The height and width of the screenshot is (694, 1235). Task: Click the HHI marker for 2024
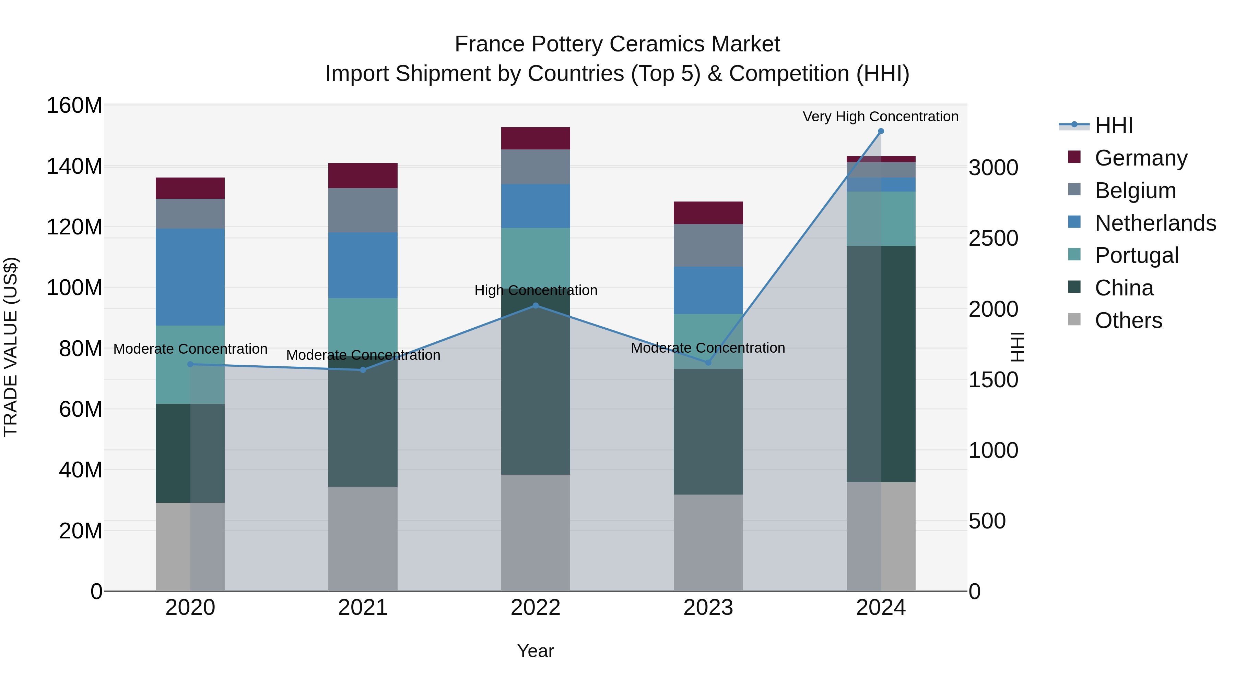(x=881, y=131)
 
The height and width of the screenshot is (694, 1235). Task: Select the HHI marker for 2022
(x=536, y=306)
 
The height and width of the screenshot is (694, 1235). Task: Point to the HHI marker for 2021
(x=363, y=370)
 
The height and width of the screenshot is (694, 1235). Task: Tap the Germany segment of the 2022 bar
(x=536, y=138)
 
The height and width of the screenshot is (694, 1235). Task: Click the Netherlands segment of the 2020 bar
(x=190, y=277)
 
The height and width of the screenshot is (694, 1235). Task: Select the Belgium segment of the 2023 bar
(x=708, y=245)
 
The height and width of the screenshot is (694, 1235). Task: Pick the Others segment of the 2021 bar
(x=363, y=539)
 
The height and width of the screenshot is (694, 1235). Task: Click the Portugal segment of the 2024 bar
(x=881, y=219)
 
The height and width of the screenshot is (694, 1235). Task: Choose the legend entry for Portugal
(x=1136, y=255)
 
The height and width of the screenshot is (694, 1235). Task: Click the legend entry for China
(x=1124, y=288)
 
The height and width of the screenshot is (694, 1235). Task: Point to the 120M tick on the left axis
(x=74, y=227)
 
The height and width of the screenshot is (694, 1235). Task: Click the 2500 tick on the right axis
(x=993, y=239)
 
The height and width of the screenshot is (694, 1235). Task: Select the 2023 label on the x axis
(x=708, y=608)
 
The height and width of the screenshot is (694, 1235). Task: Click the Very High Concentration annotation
(x=881, y=117)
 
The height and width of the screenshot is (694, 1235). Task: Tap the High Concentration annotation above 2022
(x=536, y=290)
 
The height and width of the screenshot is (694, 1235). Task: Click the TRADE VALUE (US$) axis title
(x=11, y=347)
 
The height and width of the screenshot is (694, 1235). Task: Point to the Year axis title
(x=536, y=651)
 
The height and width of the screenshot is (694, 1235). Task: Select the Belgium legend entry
(x=1135, y=191)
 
